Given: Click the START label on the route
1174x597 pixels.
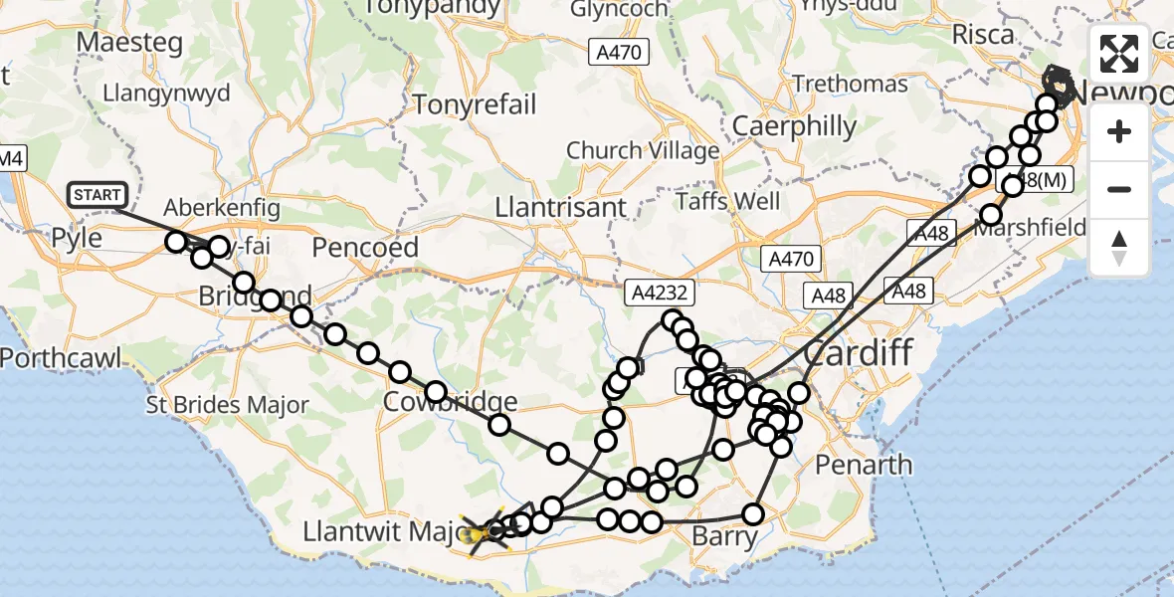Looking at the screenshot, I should tap(98, 195).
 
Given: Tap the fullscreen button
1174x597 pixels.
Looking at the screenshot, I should tap(1119, 54).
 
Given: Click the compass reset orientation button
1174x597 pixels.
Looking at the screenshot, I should tap(1119, 248).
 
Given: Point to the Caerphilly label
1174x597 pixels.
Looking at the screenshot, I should tap(794, 126).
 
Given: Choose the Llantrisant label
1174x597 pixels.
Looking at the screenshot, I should tap(563, 208).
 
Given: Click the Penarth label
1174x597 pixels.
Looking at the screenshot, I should tap(864, 464).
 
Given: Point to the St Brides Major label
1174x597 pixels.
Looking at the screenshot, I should tap(227, 405).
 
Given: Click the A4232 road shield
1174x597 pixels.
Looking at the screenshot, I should tap(658, 294).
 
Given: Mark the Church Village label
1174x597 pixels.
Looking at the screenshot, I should tap(643, 151).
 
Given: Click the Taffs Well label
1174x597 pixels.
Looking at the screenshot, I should tap(728, 201).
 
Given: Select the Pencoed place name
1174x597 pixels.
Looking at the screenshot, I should tap(364, 246).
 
